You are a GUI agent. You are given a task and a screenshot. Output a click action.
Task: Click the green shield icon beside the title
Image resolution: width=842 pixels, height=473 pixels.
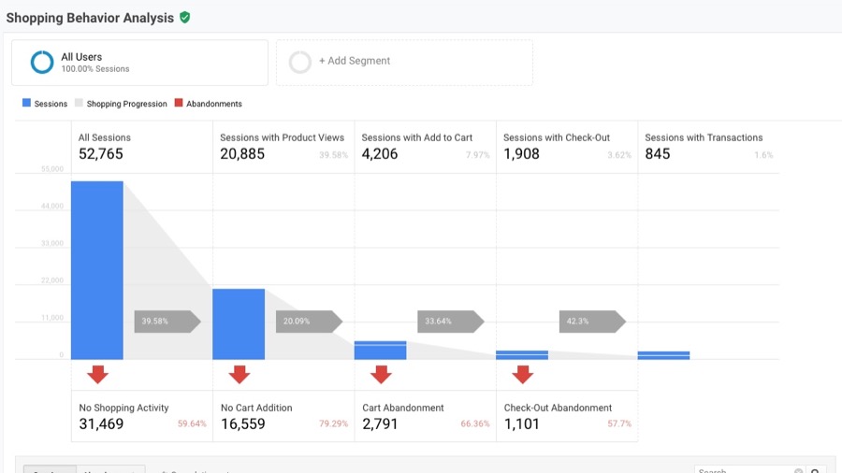coord(184,17)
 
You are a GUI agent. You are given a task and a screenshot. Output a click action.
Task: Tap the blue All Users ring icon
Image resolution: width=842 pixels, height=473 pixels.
coord(41,62)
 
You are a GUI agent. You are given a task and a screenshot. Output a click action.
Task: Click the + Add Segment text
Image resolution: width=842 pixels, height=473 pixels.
coord(355,61)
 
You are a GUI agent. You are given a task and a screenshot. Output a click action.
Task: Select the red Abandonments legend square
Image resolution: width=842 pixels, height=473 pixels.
coord(179,104)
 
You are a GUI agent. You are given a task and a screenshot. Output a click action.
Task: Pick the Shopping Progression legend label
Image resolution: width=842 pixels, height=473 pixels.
coord(126,104)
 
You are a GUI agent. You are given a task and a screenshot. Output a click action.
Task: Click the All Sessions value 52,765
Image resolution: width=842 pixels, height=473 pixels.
coord(101,154)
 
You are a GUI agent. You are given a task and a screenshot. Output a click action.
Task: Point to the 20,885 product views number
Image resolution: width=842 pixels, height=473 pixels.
coord(242,154)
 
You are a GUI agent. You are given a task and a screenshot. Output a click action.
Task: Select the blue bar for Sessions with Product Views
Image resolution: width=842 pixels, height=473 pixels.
coord(239,323)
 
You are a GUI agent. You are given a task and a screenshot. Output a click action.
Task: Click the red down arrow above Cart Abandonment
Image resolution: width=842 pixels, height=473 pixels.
coord(381,375)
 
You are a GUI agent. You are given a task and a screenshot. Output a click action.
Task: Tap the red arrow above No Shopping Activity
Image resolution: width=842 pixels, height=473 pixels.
coord(97,375)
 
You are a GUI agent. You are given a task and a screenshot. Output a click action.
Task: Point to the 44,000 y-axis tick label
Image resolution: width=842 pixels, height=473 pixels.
coord(51,207)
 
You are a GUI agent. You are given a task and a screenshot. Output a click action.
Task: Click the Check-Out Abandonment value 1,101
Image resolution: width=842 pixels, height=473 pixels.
coord(523,423)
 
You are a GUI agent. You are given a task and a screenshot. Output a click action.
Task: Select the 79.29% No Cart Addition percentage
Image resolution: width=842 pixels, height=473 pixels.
coord(333,424)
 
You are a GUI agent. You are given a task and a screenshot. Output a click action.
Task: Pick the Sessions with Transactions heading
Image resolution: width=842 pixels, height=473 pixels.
coord(704,137)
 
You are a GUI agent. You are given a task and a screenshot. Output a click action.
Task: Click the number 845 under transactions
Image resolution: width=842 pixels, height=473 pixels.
coord(658,154)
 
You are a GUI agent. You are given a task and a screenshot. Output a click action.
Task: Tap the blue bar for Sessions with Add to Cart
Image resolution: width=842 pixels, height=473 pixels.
coord(380,350)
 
